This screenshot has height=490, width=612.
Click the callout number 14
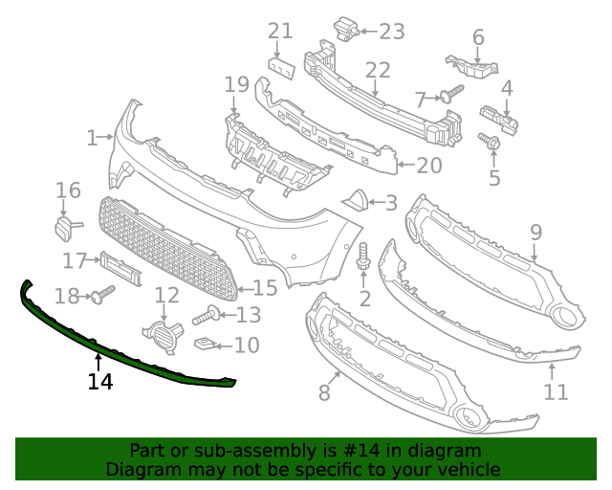tap(100, 382)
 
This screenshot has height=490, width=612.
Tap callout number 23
tap(392, 32)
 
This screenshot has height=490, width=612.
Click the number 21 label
tap(279, 31)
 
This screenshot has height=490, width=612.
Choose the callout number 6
tap(478, 37)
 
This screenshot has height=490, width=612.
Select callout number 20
tap(428, 166)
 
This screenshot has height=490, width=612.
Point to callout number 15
tap(264, 287)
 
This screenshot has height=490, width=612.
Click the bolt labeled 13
tap(207, 314)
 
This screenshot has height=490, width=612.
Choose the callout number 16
tap(68, 190)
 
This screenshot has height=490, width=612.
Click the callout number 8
tap(324, 392)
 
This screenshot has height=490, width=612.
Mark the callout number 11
tap(556, 391)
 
